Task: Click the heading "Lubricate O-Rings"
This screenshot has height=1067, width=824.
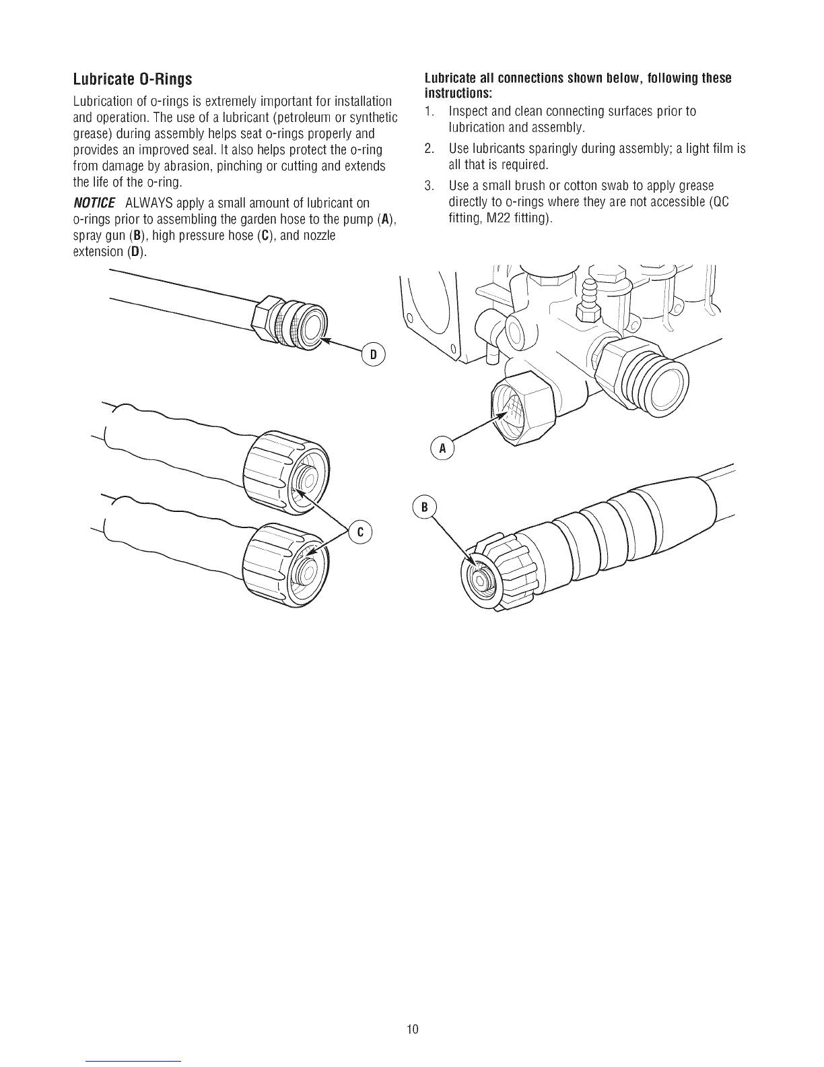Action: pos(132,79)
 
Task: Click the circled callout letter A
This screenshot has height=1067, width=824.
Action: pos(443,449)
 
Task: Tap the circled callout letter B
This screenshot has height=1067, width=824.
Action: pos(425,508)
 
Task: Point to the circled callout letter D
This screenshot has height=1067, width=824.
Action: pos(374,354)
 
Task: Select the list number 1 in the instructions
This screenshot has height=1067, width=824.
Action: pos(429,111)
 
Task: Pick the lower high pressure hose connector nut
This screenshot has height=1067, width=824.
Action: pos(285,564)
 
